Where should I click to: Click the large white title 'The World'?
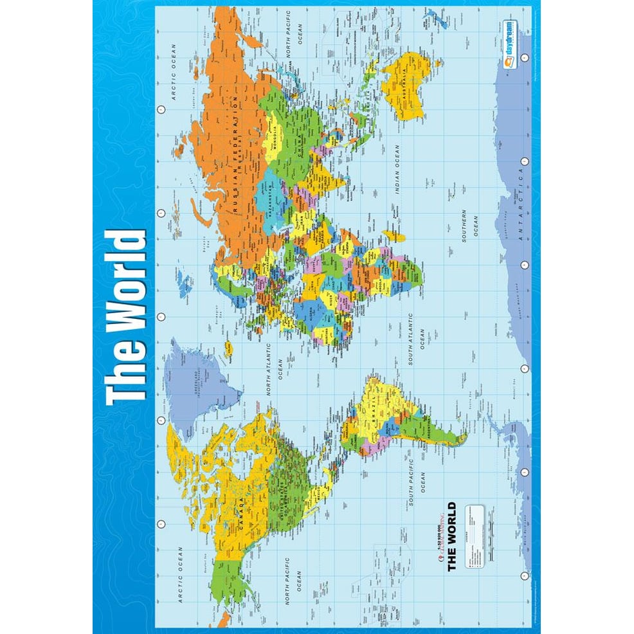[126, 318]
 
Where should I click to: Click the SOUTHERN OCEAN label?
[469, 226]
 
